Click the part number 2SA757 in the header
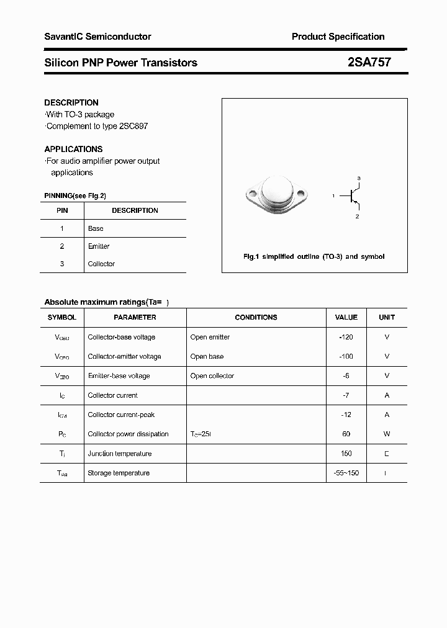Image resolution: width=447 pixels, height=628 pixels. (x=369, y=62)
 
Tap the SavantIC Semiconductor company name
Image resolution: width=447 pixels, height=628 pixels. (x=97, y=37)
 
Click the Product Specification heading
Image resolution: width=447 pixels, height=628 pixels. (x=338, y=37)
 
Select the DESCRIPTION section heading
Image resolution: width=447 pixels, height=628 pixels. (x=71, y=102)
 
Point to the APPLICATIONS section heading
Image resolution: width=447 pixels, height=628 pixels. (x=73, y=149)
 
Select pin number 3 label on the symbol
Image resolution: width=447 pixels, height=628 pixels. (x=359, y=179)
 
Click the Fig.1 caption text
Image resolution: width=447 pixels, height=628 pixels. (x=314, y=256)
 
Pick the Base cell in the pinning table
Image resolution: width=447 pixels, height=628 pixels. (x=96, y=228)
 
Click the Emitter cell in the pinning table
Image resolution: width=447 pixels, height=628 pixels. (x=99, y=246)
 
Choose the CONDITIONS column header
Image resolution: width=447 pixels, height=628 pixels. (x=256, y=317)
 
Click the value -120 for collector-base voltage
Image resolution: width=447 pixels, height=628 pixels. (x=346, y=337)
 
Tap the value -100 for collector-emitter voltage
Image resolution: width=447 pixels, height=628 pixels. (x=346, y=356)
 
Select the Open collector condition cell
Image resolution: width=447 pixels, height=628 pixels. (x=212, y=375)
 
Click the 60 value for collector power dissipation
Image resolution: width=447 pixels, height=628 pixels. (x=346, y=434)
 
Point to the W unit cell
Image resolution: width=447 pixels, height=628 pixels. (x=386, y=434)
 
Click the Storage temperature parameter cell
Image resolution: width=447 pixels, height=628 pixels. (x=119, y=473)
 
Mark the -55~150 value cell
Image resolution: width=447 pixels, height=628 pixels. (x=346, y=473)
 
